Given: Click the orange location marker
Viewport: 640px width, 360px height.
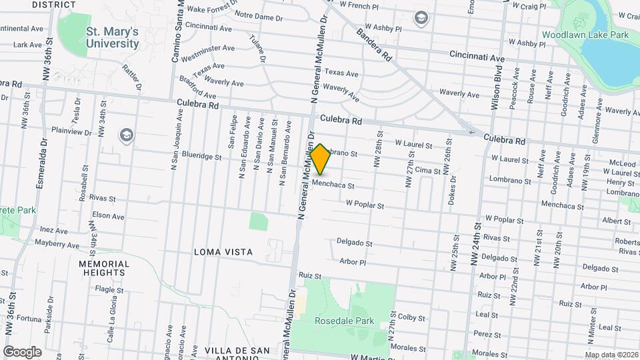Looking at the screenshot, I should [320, 160].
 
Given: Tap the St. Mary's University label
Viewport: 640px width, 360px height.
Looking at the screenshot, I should [112, 38].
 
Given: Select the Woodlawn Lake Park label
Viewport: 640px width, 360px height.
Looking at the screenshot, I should [585, 34].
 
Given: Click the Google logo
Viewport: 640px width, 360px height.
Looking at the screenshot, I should [22, 351].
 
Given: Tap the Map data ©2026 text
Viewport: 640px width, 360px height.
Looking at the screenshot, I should [611, 355].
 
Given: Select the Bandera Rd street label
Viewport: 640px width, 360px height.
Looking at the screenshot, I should [373, 45].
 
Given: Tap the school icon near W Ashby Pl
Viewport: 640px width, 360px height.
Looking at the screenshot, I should [421, 17].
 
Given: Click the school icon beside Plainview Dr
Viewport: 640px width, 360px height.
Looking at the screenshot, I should [125, 135].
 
